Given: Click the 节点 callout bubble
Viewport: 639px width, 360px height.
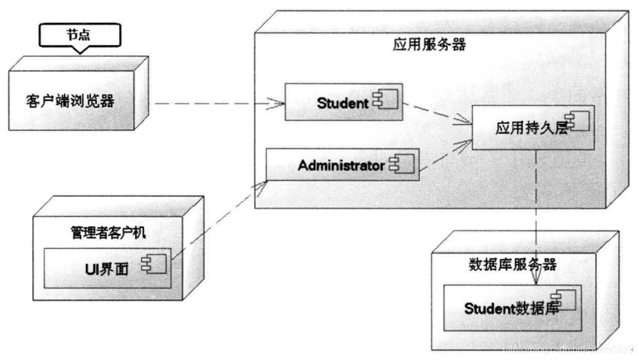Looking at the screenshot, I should tap(81, 35).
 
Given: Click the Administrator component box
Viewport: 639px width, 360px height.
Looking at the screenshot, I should tap(342, 165).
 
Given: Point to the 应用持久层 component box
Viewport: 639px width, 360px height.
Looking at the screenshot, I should tap(532, 127).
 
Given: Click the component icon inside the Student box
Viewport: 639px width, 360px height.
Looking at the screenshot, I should tap(386, 103).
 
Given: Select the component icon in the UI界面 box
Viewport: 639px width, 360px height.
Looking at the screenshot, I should tap(157, 266).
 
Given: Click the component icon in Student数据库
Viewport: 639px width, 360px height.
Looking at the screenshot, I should tap(567, 300).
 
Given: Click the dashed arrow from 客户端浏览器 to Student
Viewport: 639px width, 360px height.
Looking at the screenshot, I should tap(216, 103).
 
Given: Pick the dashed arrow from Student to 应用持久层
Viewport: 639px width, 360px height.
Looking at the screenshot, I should tap(438, 115).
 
